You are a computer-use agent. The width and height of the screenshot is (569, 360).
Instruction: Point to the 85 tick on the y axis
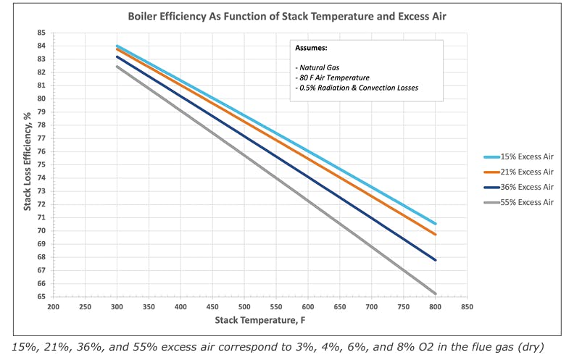pyautogui.click(x=41, y=33)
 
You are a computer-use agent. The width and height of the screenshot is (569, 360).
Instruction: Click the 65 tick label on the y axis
pyautogui.click(x=41, y=297)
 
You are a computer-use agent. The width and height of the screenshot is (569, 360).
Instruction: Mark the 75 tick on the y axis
pyautogui.click(x=41, y=164)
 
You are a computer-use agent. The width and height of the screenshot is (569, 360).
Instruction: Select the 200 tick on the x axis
pyautogui.click(x=53, y=307)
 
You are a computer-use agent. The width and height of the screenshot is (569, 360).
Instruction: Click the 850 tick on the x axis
pyautogui.click(x=467, y=307)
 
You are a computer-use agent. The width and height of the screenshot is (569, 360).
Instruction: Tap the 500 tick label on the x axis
pyautogui.click(x=244, y=307)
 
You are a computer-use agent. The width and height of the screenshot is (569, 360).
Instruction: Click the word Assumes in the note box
pyautogui.click(x=312, y=48)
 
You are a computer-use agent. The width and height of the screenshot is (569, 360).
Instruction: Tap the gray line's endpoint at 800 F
pyautogui.click(x=436, y=293)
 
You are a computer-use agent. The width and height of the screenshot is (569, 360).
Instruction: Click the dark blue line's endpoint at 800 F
pyautogui.click(x=436, y=260)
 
